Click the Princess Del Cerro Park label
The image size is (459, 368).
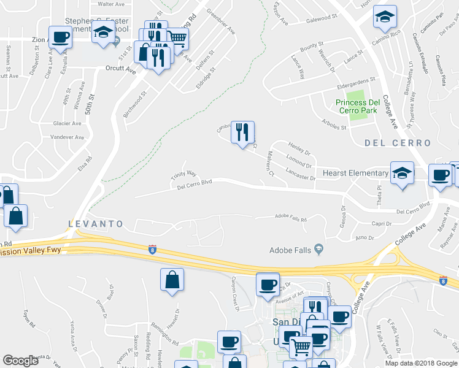coord(359,106)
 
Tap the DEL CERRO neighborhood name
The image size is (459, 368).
coord(398,143)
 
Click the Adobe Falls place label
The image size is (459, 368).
coord(292,250)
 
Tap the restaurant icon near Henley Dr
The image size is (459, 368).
coord(243,132)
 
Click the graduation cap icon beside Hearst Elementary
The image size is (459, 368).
coord(403,173)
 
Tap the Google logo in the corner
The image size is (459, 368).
coord(20,361)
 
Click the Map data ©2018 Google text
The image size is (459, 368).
coord(422,363)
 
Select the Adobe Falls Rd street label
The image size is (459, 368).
coord(291,217)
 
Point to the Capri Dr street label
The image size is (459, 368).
coord(381,224)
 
